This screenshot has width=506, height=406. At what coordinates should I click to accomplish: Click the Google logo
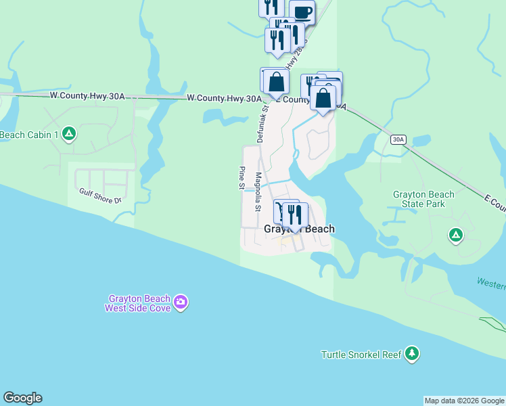[x=22, y=398]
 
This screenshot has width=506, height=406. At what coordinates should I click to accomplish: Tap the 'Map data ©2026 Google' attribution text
[x=464, y=401]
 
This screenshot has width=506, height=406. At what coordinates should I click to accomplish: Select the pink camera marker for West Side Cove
[x=181, y=302]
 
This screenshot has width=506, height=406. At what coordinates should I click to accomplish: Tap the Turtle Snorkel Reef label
[x=361, y=354]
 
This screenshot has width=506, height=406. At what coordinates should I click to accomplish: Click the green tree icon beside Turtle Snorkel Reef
[x=411, y=353]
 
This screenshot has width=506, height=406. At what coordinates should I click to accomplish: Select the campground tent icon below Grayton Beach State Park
[x=456, y=235]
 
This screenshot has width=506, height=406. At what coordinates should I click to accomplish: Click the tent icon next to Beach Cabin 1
[x=68, y=134]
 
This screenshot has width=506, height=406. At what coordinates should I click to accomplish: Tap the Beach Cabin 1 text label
[x=29, y=135]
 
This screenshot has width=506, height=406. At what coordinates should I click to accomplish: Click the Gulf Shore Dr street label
[x=99, y=196]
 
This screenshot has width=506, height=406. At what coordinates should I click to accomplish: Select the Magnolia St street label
[x=258, y=191]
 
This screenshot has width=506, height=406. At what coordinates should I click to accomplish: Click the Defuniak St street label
[x=262, y=122]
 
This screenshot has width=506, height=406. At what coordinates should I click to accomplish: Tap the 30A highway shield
[x=398, y=139]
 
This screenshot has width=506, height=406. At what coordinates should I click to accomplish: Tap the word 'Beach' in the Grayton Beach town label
[x=318, y=229]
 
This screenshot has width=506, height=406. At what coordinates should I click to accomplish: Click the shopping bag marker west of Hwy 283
[x=276, y=83]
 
